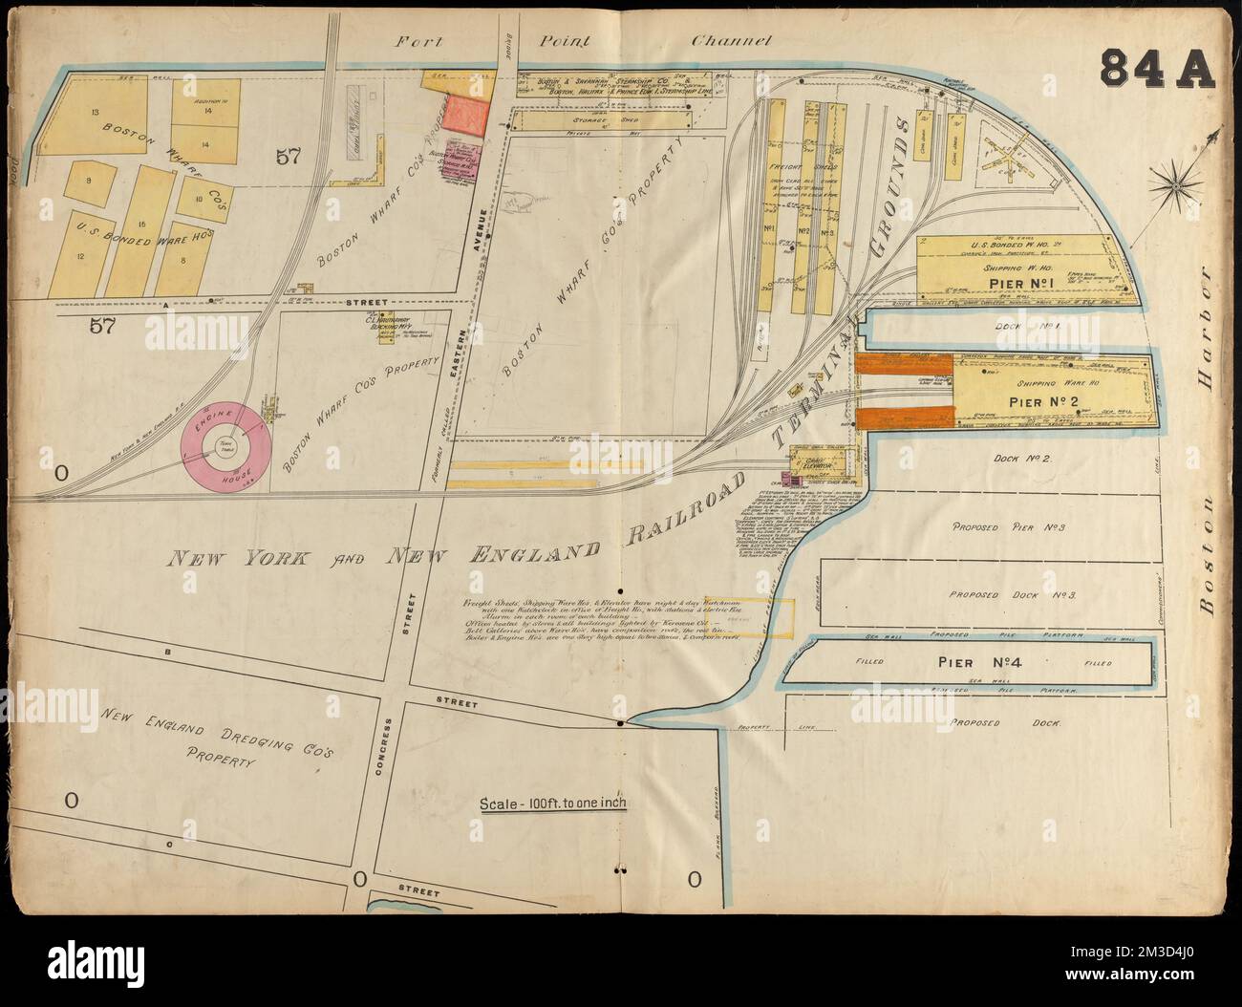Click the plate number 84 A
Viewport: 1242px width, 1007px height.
[x=1155, y=68]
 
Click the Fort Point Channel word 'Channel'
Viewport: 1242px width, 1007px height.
[x=732, y=41]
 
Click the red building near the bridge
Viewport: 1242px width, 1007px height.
[x=465, y=116]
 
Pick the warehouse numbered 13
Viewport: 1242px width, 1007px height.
[x=94, y=113]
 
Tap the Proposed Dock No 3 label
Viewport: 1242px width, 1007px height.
[x=1012, y=594]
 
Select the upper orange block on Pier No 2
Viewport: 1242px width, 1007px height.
[x=903, y=365]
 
